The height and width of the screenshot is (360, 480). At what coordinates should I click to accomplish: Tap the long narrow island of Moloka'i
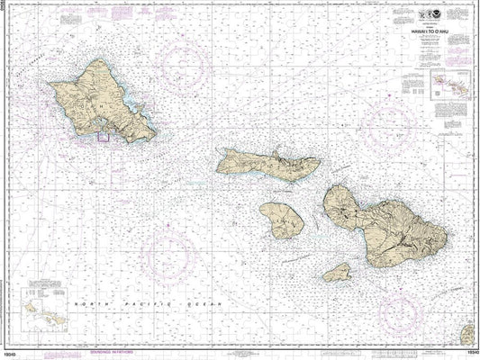(x=267, y=165)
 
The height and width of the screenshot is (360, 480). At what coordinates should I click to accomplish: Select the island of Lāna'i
(x=280, y=220)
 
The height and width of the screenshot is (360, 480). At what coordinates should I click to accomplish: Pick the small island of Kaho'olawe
(x=338, y=271)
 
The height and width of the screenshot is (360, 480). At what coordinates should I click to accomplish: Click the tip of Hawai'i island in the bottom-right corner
(x=467, y=335)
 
